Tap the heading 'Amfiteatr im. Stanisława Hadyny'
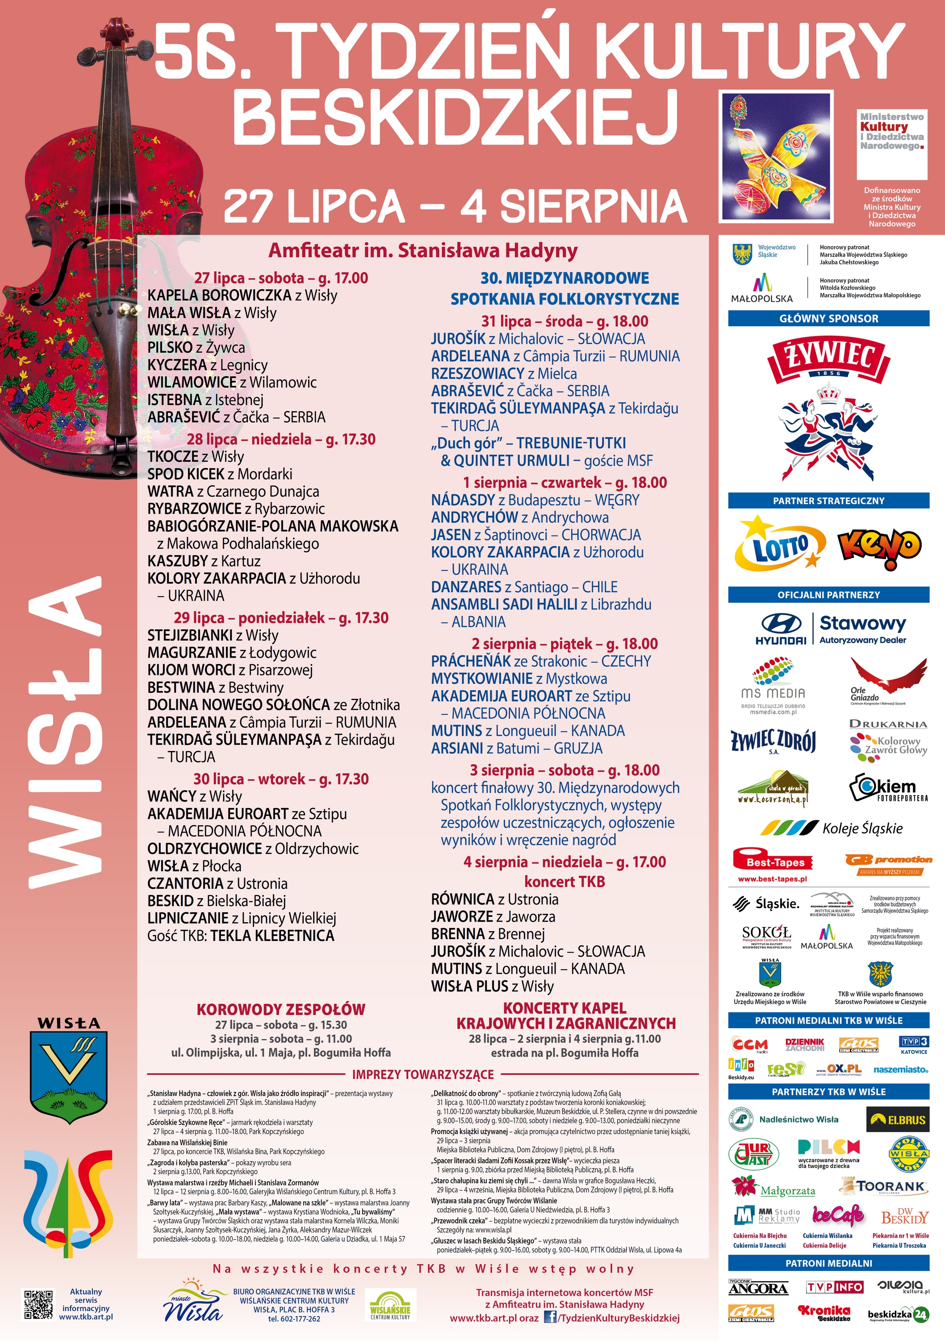coord(422,251)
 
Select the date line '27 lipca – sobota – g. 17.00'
coord(281,278)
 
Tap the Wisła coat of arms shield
coord(68,1076)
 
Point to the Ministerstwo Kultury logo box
coord(891,143)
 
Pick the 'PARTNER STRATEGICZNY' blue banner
coord(828,501)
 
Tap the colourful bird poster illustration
coord(776,156)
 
